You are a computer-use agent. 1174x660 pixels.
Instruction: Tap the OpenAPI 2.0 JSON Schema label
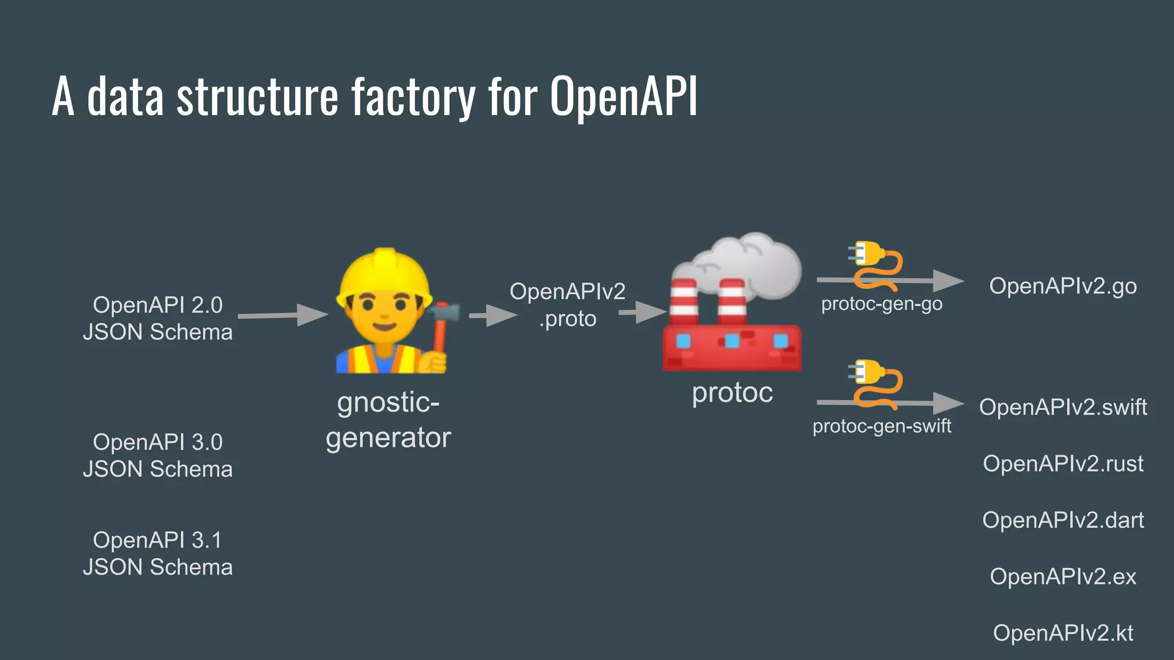point(158,319)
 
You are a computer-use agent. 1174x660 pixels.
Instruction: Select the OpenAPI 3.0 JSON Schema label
point(158,455)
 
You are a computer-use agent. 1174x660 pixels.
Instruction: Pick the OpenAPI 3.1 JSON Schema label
point(158,553)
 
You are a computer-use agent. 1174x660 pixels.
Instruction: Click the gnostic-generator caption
point(388,420)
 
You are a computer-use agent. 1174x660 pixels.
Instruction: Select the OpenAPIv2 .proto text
point(568,305)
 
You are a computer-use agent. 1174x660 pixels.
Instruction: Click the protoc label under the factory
point(732,393)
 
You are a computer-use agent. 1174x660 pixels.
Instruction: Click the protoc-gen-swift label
point(882,426)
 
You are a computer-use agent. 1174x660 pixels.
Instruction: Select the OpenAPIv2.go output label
point(1063,286)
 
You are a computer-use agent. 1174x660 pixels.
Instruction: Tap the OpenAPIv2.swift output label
point(1063,407)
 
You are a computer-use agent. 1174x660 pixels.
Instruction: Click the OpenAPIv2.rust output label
point(1063,463)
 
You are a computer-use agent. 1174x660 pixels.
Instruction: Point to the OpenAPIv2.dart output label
point(1063,520)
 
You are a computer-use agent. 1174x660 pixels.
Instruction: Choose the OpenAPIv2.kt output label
point(1063,633)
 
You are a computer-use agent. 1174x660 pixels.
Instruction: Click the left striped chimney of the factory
point(684,300)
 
